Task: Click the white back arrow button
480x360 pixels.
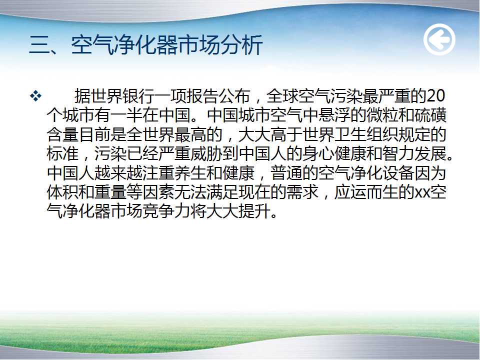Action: click(x=439, y=39)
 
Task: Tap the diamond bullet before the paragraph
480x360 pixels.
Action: click(x=35, y=96)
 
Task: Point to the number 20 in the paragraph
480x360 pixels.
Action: click(x=435, y=96)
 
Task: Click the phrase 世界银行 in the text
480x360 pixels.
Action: click(x=122, y=96)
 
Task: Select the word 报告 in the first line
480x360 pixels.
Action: click(x=202, y=96)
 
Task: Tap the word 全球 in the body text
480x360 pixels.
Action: click(x=282, y=96)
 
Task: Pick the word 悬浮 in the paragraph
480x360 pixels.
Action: click(x=333, y=115)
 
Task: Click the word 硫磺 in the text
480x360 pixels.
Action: click(x=430, y=115)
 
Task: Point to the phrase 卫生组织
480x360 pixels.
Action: click(x=366, y=134)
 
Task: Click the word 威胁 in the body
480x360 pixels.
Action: click(x=206, y=154)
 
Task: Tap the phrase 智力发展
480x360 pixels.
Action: click(x=414, y=154)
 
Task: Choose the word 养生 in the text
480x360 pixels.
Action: click(x=190, y=173)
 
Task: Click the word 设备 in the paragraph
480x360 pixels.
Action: click(x=397, y=173)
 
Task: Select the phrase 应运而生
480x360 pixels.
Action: click(x=366, y=192)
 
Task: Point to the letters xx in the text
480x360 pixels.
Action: click(x=421, y=193)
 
